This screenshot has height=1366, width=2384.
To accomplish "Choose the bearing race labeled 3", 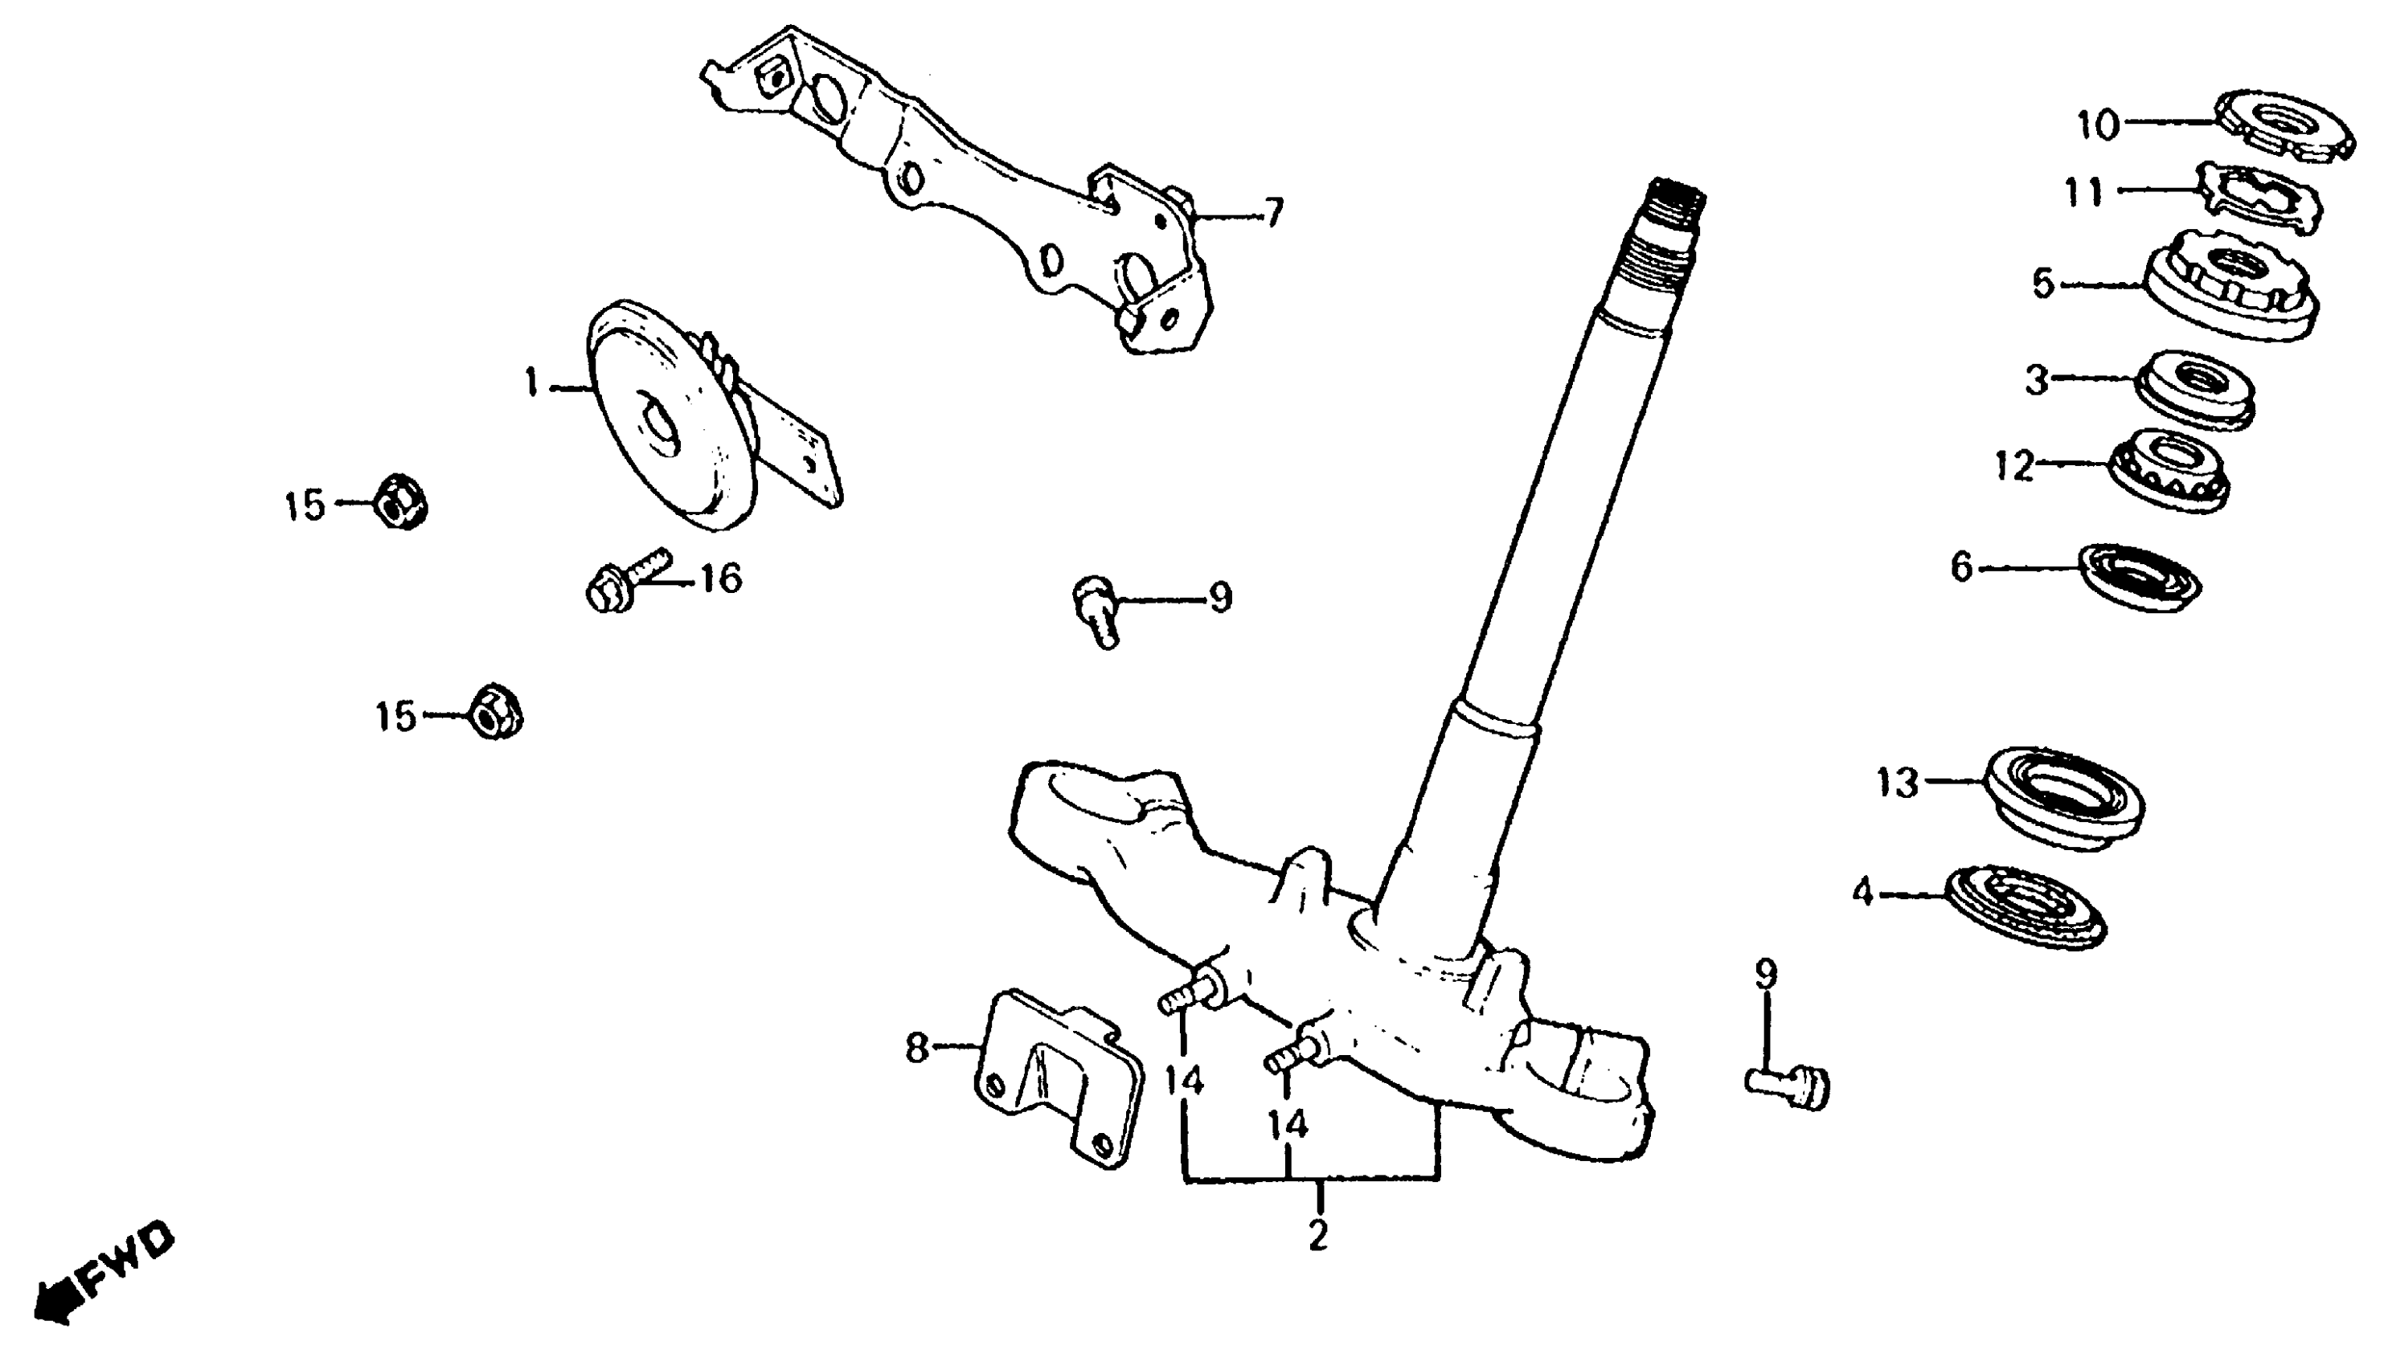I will click(2194, 390).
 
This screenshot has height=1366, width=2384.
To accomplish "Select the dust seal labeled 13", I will click(2065, 797).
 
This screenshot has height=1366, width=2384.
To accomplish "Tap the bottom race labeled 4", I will click(2026, 906).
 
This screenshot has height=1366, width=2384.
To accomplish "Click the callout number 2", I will click(1317, 1233).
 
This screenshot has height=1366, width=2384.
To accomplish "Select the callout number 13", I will click(1897, 783).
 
